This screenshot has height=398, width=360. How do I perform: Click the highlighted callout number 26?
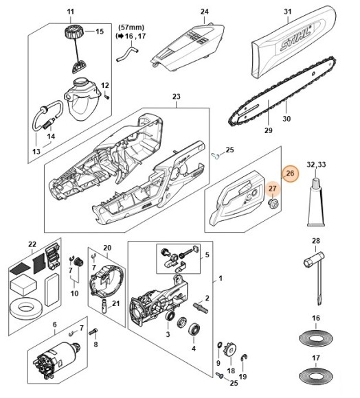290,174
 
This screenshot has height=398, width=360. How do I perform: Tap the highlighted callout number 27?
273,189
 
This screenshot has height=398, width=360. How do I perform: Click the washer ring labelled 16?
316,339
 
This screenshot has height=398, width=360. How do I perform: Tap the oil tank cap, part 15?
73,32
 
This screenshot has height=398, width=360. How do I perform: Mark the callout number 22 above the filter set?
31,244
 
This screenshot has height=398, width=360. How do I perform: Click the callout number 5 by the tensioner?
207,255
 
